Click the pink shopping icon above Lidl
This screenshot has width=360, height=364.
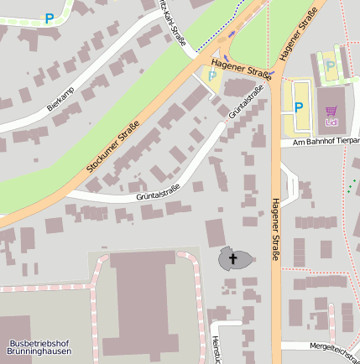[x=331, y=111]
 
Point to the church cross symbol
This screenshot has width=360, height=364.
[x=234, y=257]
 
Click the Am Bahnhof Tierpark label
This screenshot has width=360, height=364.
[x=326, y=143]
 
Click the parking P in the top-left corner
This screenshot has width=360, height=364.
[x=50, y=18]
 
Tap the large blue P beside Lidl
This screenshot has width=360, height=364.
[x=298, y=107]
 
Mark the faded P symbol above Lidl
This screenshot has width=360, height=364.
[x=331, y=65]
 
